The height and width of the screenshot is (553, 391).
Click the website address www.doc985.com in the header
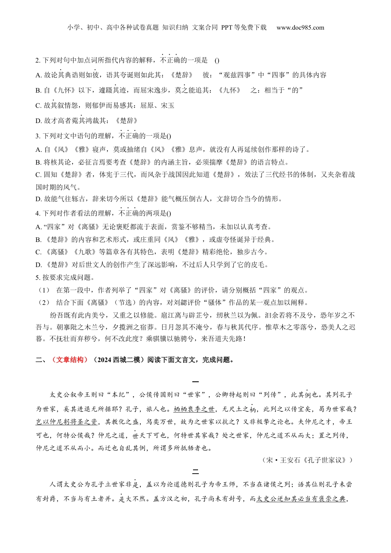300,28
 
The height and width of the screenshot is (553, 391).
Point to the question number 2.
37,60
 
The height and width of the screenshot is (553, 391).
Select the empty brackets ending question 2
217,60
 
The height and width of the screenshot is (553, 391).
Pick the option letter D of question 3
38,199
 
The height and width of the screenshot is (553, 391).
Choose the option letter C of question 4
38,252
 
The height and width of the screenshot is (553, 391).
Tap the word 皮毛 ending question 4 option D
261,265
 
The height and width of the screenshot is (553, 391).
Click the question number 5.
37,277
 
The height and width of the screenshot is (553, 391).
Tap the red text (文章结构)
68,360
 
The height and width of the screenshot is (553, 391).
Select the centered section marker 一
195,382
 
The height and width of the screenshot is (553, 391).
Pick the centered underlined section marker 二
195,471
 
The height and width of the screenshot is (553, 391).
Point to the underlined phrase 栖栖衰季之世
194,409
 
